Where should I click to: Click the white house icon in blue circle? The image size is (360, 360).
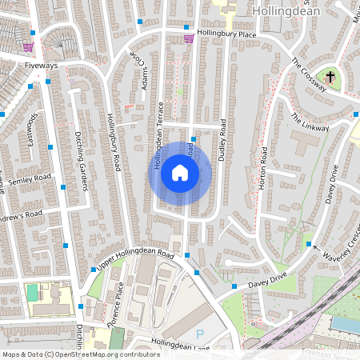[x=180, y=173]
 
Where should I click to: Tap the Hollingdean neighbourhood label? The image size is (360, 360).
[x=286, y=12]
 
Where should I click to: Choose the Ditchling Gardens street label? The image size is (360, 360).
[x=81, y=162]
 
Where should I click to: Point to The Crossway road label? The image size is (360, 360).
[x=309, y=74]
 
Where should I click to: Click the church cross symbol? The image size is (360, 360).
[x=330, y=78]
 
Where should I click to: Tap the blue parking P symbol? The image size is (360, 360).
[x=199, y=332]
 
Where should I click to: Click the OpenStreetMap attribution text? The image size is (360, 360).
[x=81, y=354]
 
